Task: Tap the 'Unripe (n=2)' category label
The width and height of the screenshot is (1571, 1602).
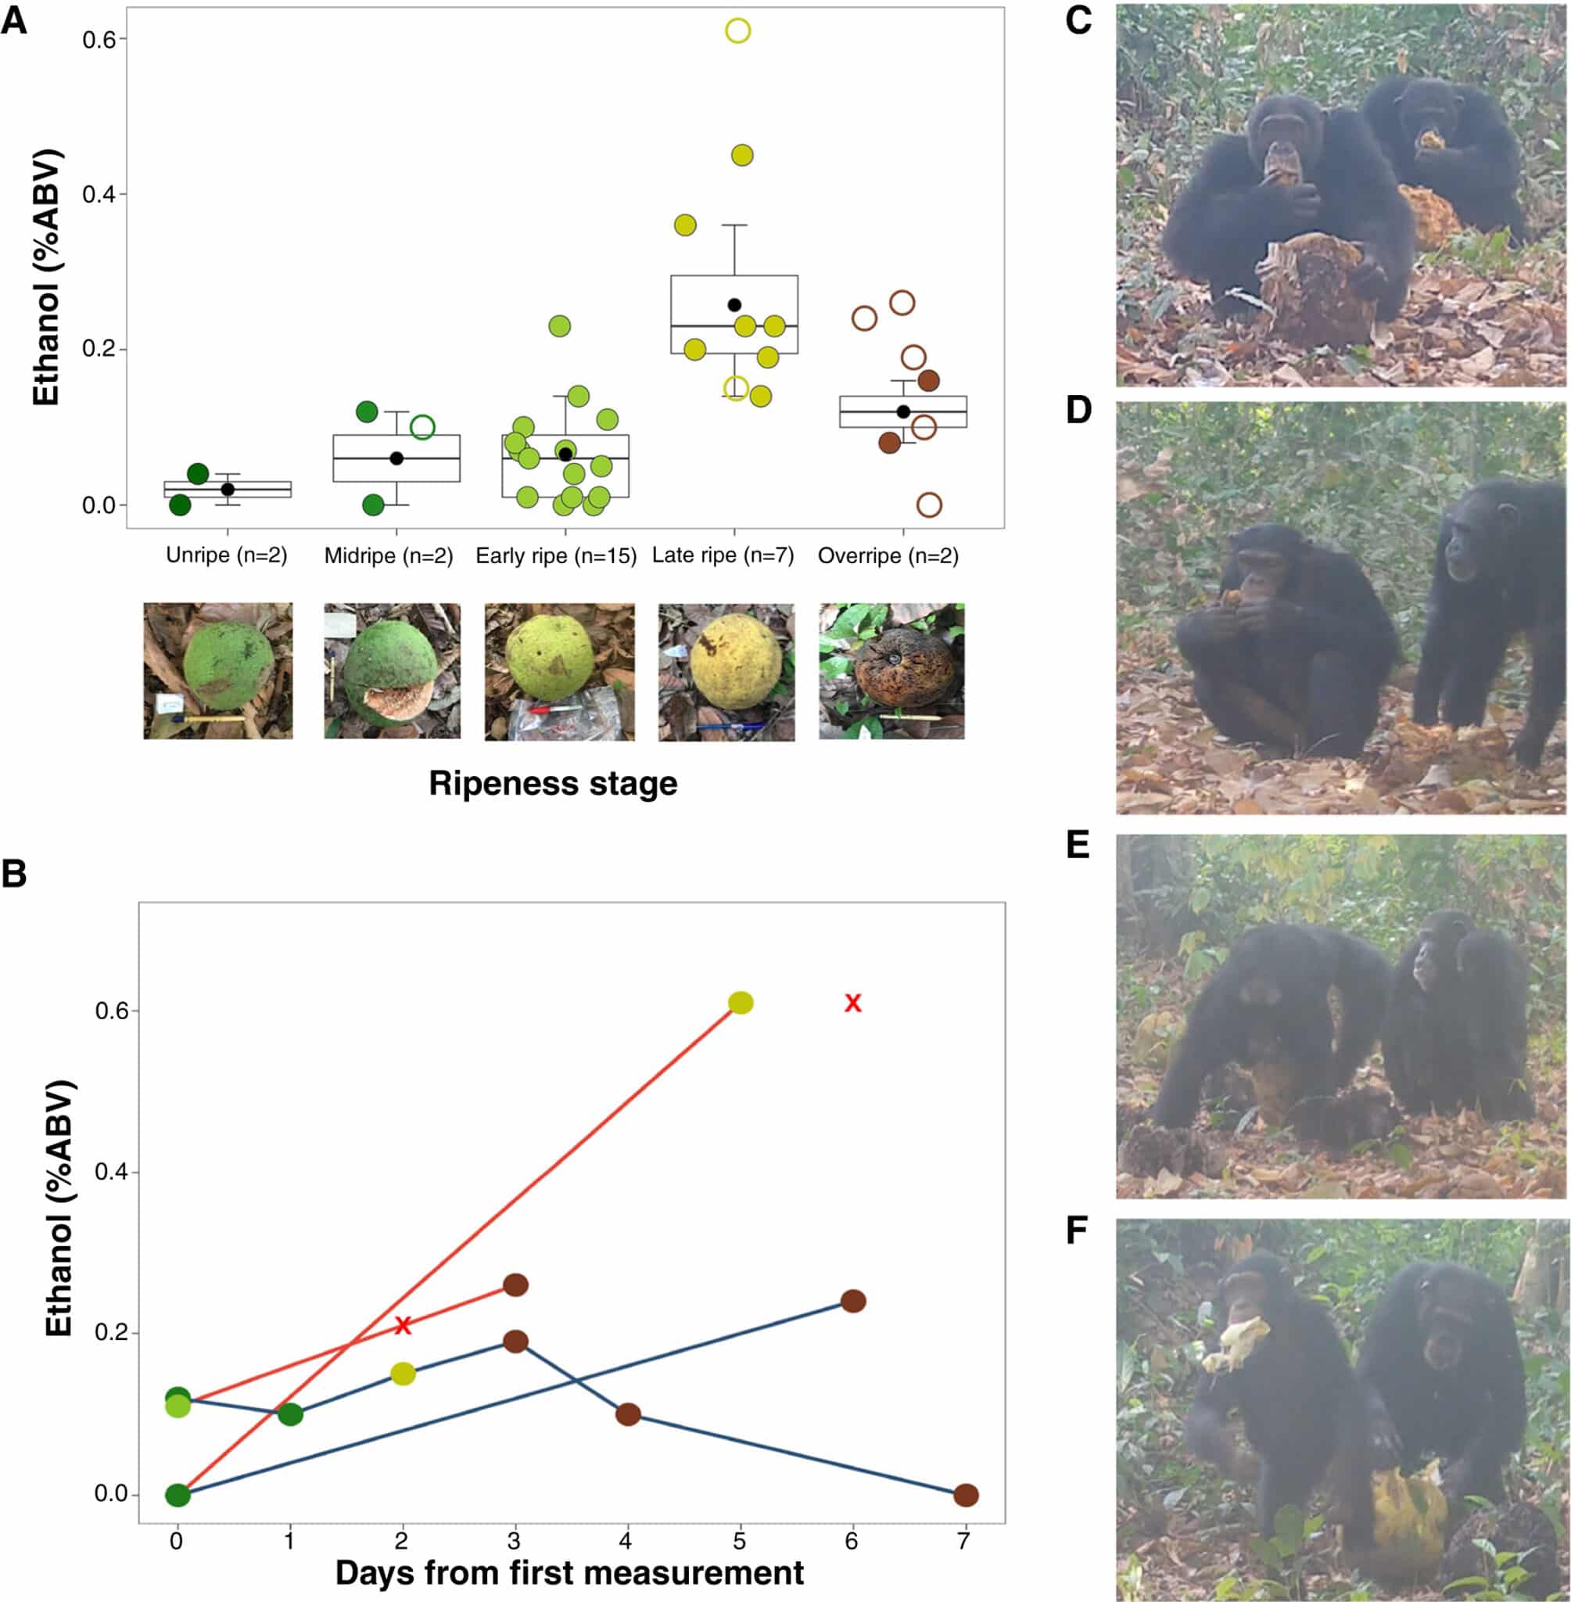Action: [226, 555]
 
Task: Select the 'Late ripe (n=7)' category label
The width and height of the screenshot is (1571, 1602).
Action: [723, 555]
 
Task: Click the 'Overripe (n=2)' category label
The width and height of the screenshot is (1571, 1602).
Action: [888, 555]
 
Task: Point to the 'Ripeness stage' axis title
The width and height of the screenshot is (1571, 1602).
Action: [553, 782]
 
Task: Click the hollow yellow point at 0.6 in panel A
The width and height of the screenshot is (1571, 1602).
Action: [737, 31]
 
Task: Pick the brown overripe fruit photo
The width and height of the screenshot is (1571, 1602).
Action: [892, 671]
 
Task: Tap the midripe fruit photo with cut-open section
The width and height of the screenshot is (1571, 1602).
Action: [392, 671]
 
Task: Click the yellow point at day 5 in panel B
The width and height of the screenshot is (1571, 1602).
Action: [741, 1003]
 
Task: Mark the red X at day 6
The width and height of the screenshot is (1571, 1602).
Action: [853, 1003]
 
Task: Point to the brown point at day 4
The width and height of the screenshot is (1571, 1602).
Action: [628, 1413]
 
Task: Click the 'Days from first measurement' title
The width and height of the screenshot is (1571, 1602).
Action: [569, 1573]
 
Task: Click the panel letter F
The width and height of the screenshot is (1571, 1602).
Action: [1077, 1230]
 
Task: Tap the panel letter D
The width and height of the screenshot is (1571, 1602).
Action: [1078, 410]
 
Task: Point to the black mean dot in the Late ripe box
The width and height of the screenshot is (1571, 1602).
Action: [734, 305]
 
